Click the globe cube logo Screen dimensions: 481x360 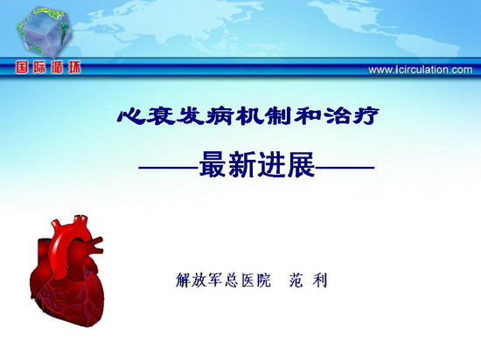click(45, 31)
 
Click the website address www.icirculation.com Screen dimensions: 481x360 click(421, 70)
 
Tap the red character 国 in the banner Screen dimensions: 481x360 click(22, 67)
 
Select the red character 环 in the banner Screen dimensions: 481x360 click(74, 67)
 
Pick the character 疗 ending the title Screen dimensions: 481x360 click(366, 116)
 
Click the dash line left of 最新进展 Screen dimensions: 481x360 click(169, 167)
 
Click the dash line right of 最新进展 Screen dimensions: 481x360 click(345, 167)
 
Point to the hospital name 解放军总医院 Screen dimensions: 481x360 click(224, 280)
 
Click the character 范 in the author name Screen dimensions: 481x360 click(296, 280)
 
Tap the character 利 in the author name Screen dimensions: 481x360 click(320, 280)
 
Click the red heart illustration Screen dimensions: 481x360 click(67, 271)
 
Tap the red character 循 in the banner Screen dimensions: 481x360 click(57, 67)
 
